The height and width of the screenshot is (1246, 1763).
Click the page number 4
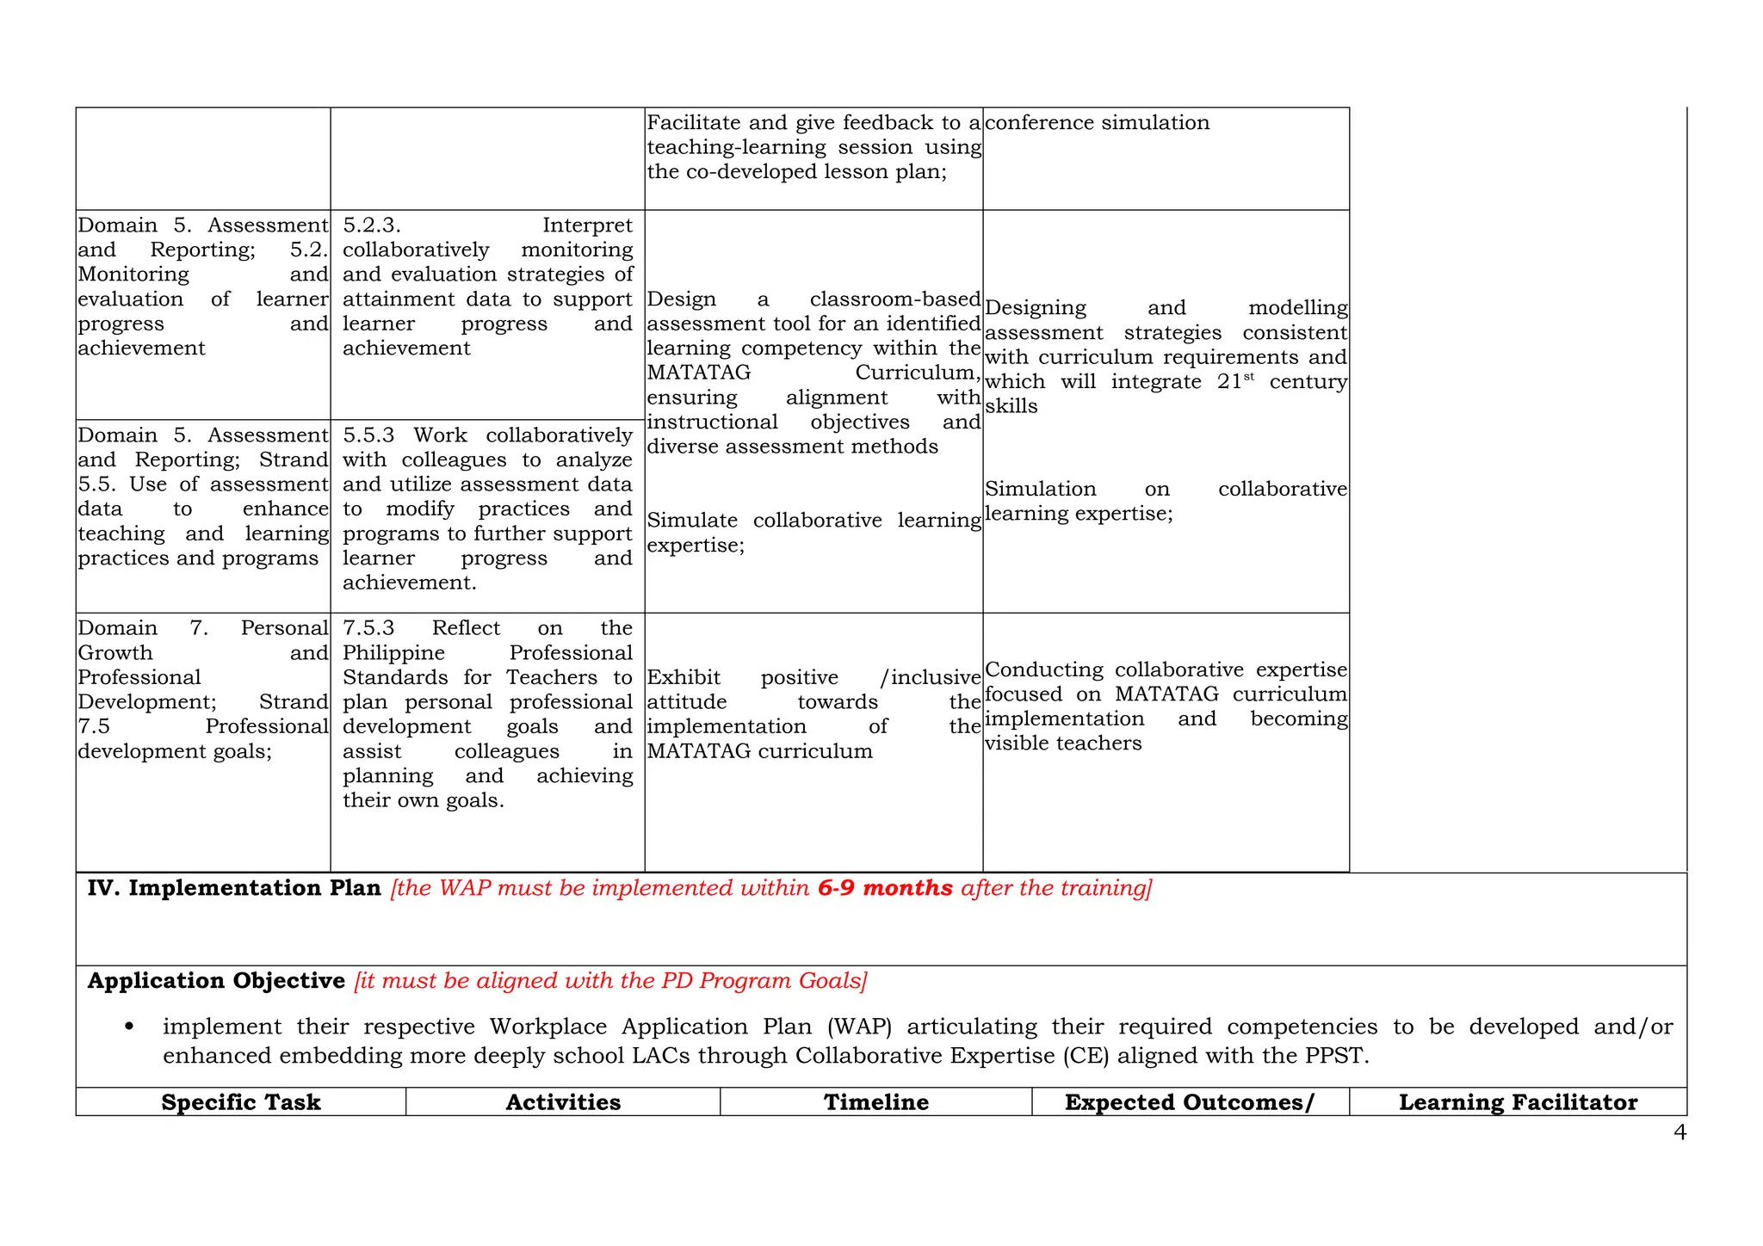(1679, 1132)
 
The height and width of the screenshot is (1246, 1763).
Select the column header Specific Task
(241, 1102)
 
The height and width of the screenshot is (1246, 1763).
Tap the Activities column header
(563, 1102)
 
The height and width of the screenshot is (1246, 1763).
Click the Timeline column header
(876, 1102)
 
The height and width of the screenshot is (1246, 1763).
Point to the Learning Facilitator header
(1518, 1102)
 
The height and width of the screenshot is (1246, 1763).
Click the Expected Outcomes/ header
(1190, 1102)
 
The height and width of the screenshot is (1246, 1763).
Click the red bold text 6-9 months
(885, 888)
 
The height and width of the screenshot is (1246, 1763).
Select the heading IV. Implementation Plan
(234, 888)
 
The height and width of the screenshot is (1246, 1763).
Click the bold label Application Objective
(216, 981)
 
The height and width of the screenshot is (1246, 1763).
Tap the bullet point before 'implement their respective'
(129, 1027)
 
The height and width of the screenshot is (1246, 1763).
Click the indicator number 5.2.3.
(372, 225)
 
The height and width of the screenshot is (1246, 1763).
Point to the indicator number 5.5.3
(368, 435)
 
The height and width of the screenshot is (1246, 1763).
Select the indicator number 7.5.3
(368, 628)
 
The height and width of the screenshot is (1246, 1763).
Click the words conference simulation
(1097, 123)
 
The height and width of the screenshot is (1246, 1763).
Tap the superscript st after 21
(1249, 377)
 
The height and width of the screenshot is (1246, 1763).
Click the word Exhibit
(684, 678)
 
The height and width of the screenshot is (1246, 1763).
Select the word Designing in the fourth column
(1036, 308)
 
